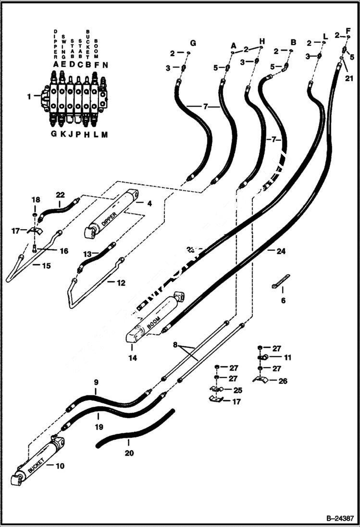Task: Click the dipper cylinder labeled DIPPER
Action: [111, 214]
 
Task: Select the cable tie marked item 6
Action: [281, 281]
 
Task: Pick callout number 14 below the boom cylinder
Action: [132, 358]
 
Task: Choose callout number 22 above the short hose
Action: [60, 195]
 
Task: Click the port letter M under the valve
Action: [104, 135]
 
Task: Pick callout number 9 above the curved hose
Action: [96, 382]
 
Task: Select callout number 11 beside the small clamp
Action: [287, 357]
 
